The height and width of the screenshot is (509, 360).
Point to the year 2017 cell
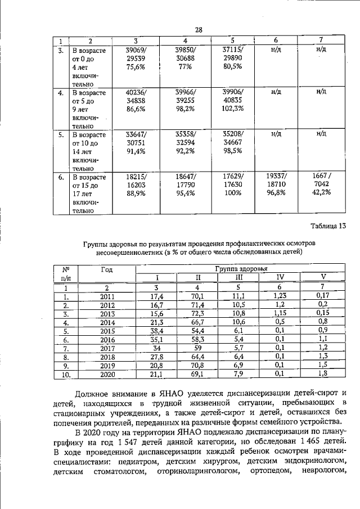[107, 349]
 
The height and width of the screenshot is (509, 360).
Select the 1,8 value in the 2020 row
[322, 373]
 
